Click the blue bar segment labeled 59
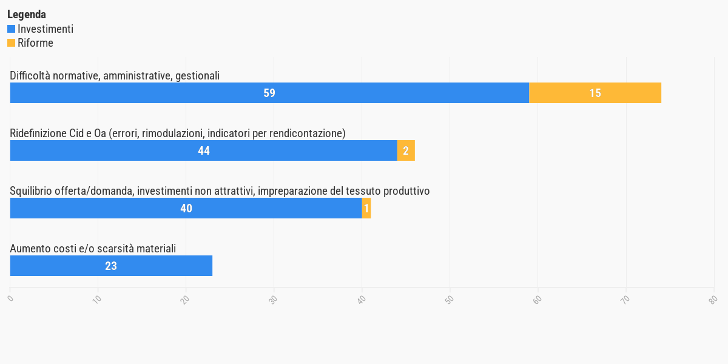tap(269, 93)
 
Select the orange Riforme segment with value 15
tap(595, 93)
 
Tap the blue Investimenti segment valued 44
tap(203, 150)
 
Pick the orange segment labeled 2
tap(406, 150)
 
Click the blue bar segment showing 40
tap(186, 208)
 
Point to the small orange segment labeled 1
tap(366, 208)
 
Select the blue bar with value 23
tap(111, 266)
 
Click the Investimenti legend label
tap(45, 29)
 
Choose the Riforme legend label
tap(35, 43)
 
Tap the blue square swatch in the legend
tap(11, 29)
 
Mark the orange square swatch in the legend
tap(11, 43)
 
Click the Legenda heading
tap(27, 14)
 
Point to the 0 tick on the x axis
tap(10, 298)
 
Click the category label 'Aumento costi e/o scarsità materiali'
tap(93, 248)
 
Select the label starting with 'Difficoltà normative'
tap(115, 75)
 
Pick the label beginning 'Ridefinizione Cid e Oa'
tap(178, 133)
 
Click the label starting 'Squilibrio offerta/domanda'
tap(220, 190)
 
